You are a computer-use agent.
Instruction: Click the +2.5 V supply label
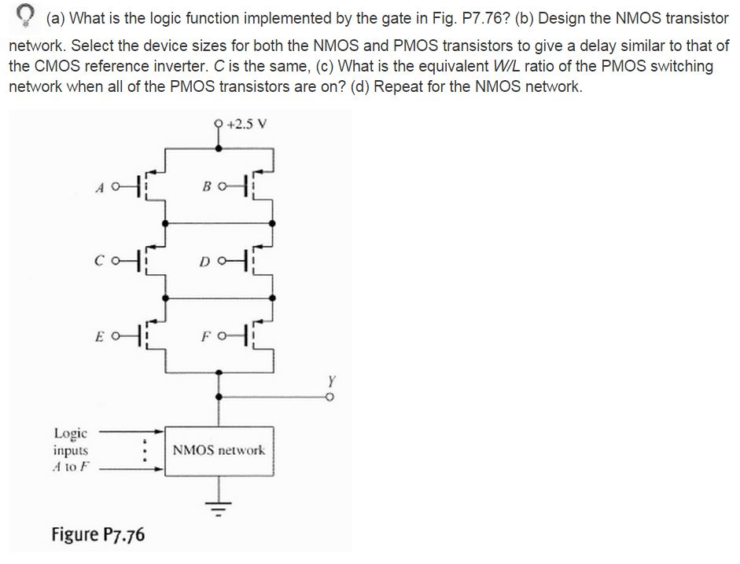coord(250,123)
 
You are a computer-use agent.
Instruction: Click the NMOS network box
coord(219,451)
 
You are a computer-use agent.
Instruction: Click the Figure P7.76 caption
coord(98,535)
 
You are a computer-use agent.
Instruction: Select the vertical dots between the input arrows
coord(143,451)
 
